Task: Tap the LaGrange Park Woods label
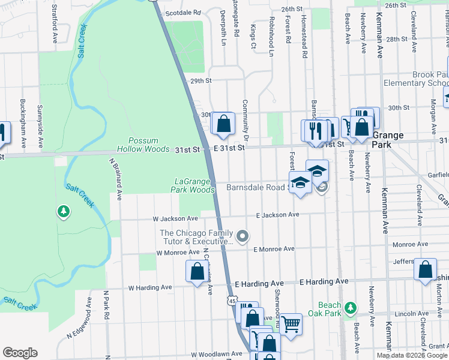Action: tap(194, 185)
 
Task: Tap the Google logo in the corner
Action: tap(20, 353)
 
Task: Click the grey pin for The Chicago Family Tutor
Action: tap(243, 236)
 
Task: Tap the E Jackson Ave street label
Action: tap(277, 215)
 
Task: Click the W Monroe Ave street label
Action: tap(177, 253)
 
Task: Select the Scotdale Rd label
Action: tap(182, 12)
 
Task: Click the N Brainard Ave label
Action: tap(115, 179)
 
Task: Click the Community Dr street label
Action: tap(246, 116)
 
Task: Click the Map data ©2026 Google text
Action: tap(412, 355)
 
